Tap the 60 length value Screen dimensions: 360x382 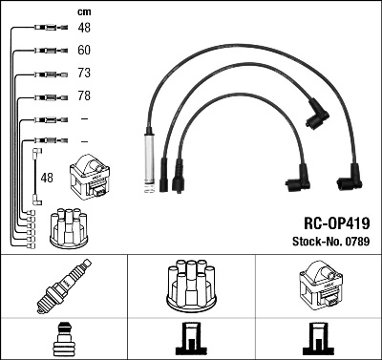[x=84, y=50]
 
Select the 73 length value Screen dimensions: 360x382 [x=84, y=74]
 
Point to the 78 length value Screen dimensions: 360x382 [x=84, y=96]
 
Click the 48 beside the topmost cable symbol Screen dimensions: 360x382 [x=84, y=28]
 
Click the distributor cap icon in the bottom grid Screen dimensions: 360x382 [x=191, y=286]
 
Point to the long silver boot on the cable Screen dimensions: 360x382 [x=149, y=157]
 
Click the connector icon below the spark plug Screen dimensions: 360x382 [x=63, y=339]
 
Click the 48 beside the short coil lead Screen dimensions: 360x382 [x=47, y=178]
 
